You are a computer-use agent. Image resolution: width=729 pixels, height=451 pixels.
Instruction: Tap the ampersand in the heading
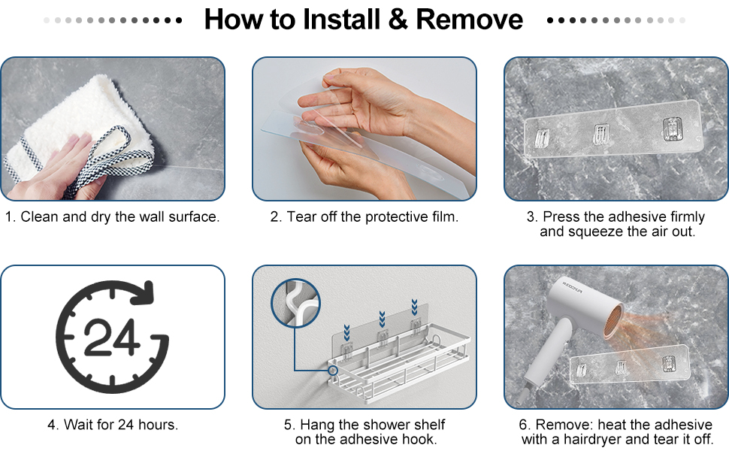pyautogui.click(x=398, y=20)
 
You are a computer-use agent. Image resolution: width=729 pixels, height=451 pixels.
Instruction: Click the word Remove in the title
pyautogui.click(x=469, y=20)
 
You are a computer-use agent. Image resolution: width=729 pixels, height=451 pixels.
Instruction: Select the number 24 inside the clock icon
pyautogui.click(x=111, y=337)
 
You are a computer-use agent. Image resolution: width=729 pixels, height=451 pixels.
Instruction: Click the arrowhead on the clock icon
pyautogui.click(x=144, y=292)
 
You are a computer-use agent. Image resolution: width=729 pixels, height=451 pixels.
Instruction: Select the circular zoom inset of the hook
pyautogui.click(x=295, y=303)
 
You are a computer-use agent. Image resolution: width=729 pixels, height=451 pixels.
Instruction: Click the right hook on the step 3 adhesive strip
pyautogui.click(x=673, y=129)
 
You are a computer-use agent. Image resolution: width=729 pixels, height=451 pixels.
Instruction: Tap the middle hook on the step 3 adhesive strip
pyautogui.click(x=600, y=134)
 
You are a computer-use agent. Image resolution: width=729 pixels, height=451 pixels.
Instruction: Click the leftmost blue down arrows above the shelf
pyautogui.click(x=346, y=333)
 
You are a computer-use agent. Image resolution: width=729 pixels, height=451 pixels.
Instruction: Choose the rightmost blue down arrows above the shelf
pyautogui.click(x=414, y=307)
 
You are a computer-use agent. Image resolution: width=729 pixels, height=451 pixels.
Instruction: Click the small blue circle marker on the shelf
pyautogui.click(x=333, y=370)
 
